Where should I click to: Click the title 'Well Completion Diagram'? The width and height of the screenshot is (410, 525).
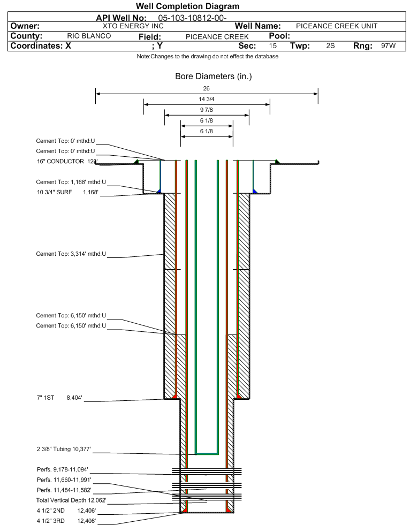click(187, 6)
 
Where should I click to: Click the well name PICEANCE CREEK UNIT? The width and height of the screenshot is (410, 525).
click(337, 26)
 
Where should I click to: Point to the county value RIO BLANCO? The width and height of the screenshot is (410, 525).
click(89, 36)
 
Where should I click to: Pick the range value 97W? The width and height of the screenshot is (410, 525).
click(388, 46)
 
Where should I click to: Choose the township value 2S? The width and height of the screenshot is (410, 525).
click(330, 46)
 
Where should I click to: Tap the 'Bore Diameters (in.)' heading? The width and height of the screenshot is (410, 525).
click(213, 77)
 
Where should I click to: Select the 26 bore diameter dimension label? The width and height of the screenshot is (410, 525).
click(207, 88)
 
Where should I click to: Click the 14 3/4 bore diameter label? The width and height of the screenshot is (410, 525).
click(207, 100)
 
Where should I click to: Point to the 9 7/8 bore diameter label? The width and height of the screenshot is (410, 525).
click(207, 110)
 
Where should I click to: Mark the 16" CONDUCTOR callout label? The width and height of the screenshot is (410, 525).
click(67, 161)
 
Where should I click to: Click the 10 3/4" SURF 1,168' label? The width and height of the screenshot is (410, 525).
click(67, 193)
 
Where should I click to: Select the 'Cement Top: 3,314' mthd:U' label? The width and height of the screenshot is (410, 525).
click(71, 254)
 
